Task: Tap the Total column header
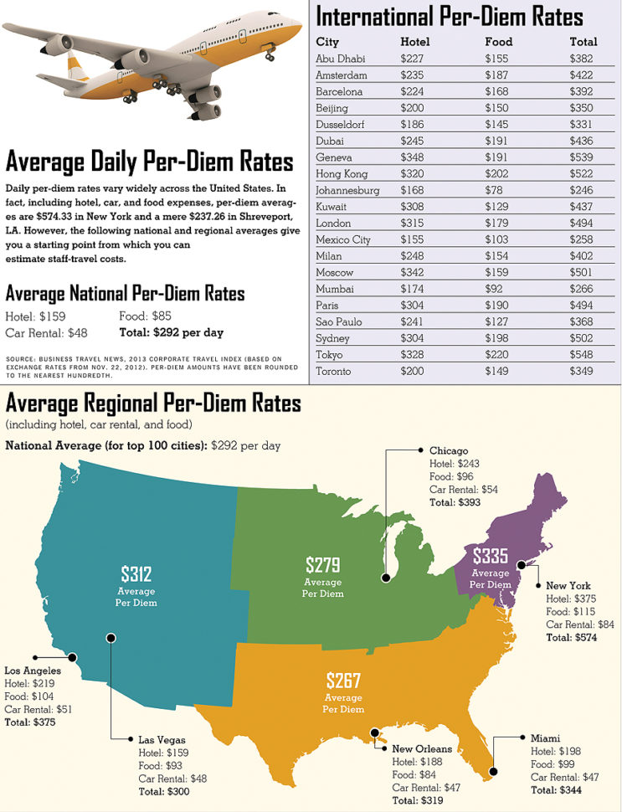pos(583,42)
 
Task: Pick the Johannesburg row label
pos(347,190)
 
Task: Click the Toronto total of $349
pos(582,371)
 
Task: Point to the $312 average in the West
pos(136,573)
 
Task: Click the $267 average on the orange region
pos(343,679)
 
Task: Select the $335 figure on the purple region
pos(490,555)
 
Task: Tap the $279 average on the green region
pos(322,564)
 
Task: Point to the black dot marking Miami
pos(493,771)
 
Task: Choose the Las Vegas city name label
pos(159,739)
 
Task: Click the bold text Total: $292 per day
pos(172,332)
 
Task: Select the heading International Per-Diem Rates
pos(450,16)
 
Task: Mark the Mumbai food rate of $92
pos(495,289)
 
